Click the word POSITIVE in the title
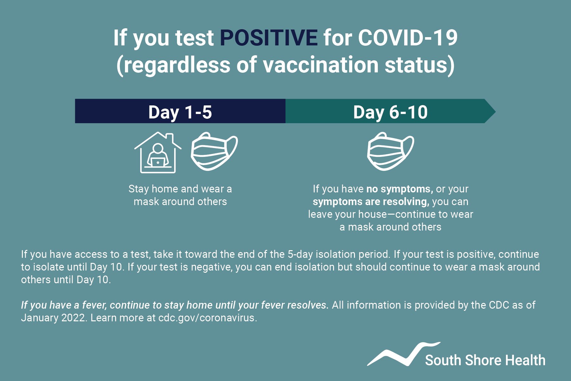pos(269,38)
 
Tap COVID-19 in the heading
pos(408,38)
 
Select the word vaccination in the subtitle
pos(321,65)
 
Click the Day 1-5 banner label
pos(180,112)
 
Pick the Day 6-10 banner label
pos(391,112)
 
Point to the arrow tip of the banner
pos(495,111)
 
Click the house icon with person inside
pos(158,152)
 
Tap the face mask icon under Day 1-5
pos(214,151)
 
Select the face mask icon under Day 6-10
pos(391,151)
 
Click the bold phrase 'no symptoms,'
pos(400,189)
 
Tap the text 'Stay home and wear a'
pos(180,189)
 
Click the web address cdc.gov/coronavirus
pos(207,318)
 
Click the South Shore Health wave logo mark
pos(404,354)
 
